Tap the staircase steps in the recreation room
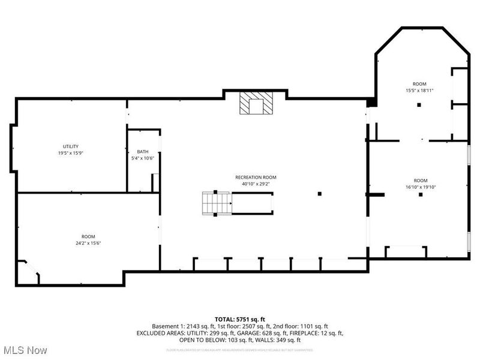click(x=216, y=203)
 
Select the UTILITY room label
click(x=71, y=146)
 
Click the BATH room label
click(x=142, y=152)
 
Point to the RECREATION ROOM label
click(x=256, y=178)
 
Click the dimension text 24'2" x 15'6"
click(x=88, y=244)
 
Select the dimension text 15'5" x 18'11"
click(x=419, y=91)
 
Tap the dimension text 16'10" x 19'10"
click(x=420, y=187)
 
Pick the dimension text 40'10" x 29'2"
click(x=256, y=184)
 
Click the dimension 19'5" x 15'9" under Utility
click(x=71, y=153)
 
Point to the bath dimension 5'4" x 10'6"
click(x=143, y=158)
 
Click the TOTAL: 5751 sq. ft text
click(x=240, y=319)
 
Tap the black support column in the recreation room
click(x=320, y=193)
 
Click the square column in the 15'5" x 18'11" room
click(x=419, y=105)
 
